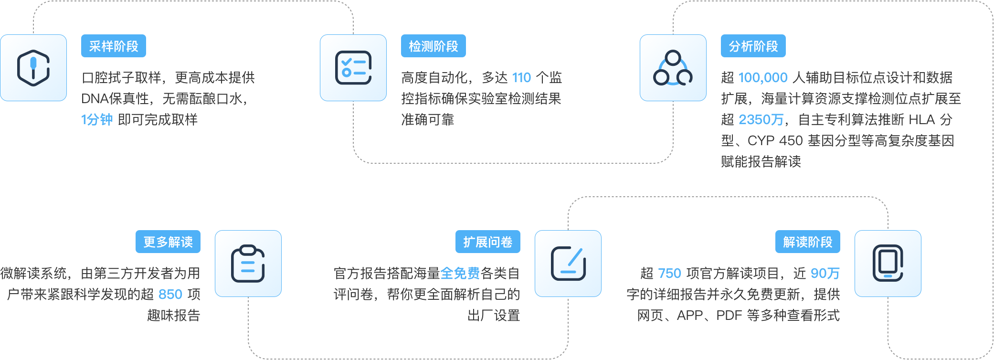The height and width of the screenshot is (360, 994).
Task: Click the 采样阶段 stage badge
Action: point(114,46)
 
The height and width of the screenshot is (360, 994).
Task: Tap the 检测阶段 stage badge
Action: point(434,46)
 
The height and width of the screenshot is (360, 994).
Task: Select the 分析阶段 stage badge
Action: point(753,46)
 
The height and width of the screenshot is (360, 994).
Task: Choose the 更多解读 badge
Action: point(168,242)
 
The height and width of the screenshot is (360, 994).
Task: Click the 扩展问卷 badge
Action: point(488,242)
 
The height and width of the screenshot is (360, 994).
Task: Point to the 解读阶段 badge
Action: point(808,242)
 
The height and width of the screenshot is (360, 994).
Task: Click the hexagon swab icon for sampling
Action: point(33,68)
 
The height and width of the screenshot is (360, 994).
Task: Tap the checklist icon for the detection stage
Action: point(353,68)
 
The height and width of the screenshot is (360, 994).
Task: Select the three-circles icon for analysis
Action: point(673,68)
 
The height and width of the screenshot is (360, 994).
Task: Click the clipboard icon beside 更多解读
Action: point(248,264)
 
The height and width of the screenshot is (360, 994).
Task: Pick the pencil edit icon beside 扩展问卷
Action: point(568,264)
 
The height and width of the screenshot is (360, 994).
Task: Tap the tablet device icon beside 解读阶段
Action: point(888,264)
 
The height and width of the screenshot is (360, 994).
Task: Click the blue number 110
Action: point(521,77)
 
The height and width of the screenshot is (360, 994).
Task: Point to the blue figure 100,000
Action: point(763,77)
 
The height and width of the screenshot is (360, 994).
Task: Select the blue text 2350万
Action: point(761,119)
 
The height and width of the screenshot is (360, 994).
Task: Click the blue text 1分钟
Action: point(97,119)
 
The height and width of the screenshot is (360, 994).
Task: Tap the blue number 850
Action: point(170,294)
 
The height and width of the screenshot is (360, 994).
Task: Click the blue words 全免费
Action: point(460,273)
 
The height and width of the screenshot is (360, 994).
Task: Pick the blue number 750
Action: point(670,273)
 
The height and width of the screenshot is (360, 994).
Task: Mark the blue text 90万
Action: point(825,273)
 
